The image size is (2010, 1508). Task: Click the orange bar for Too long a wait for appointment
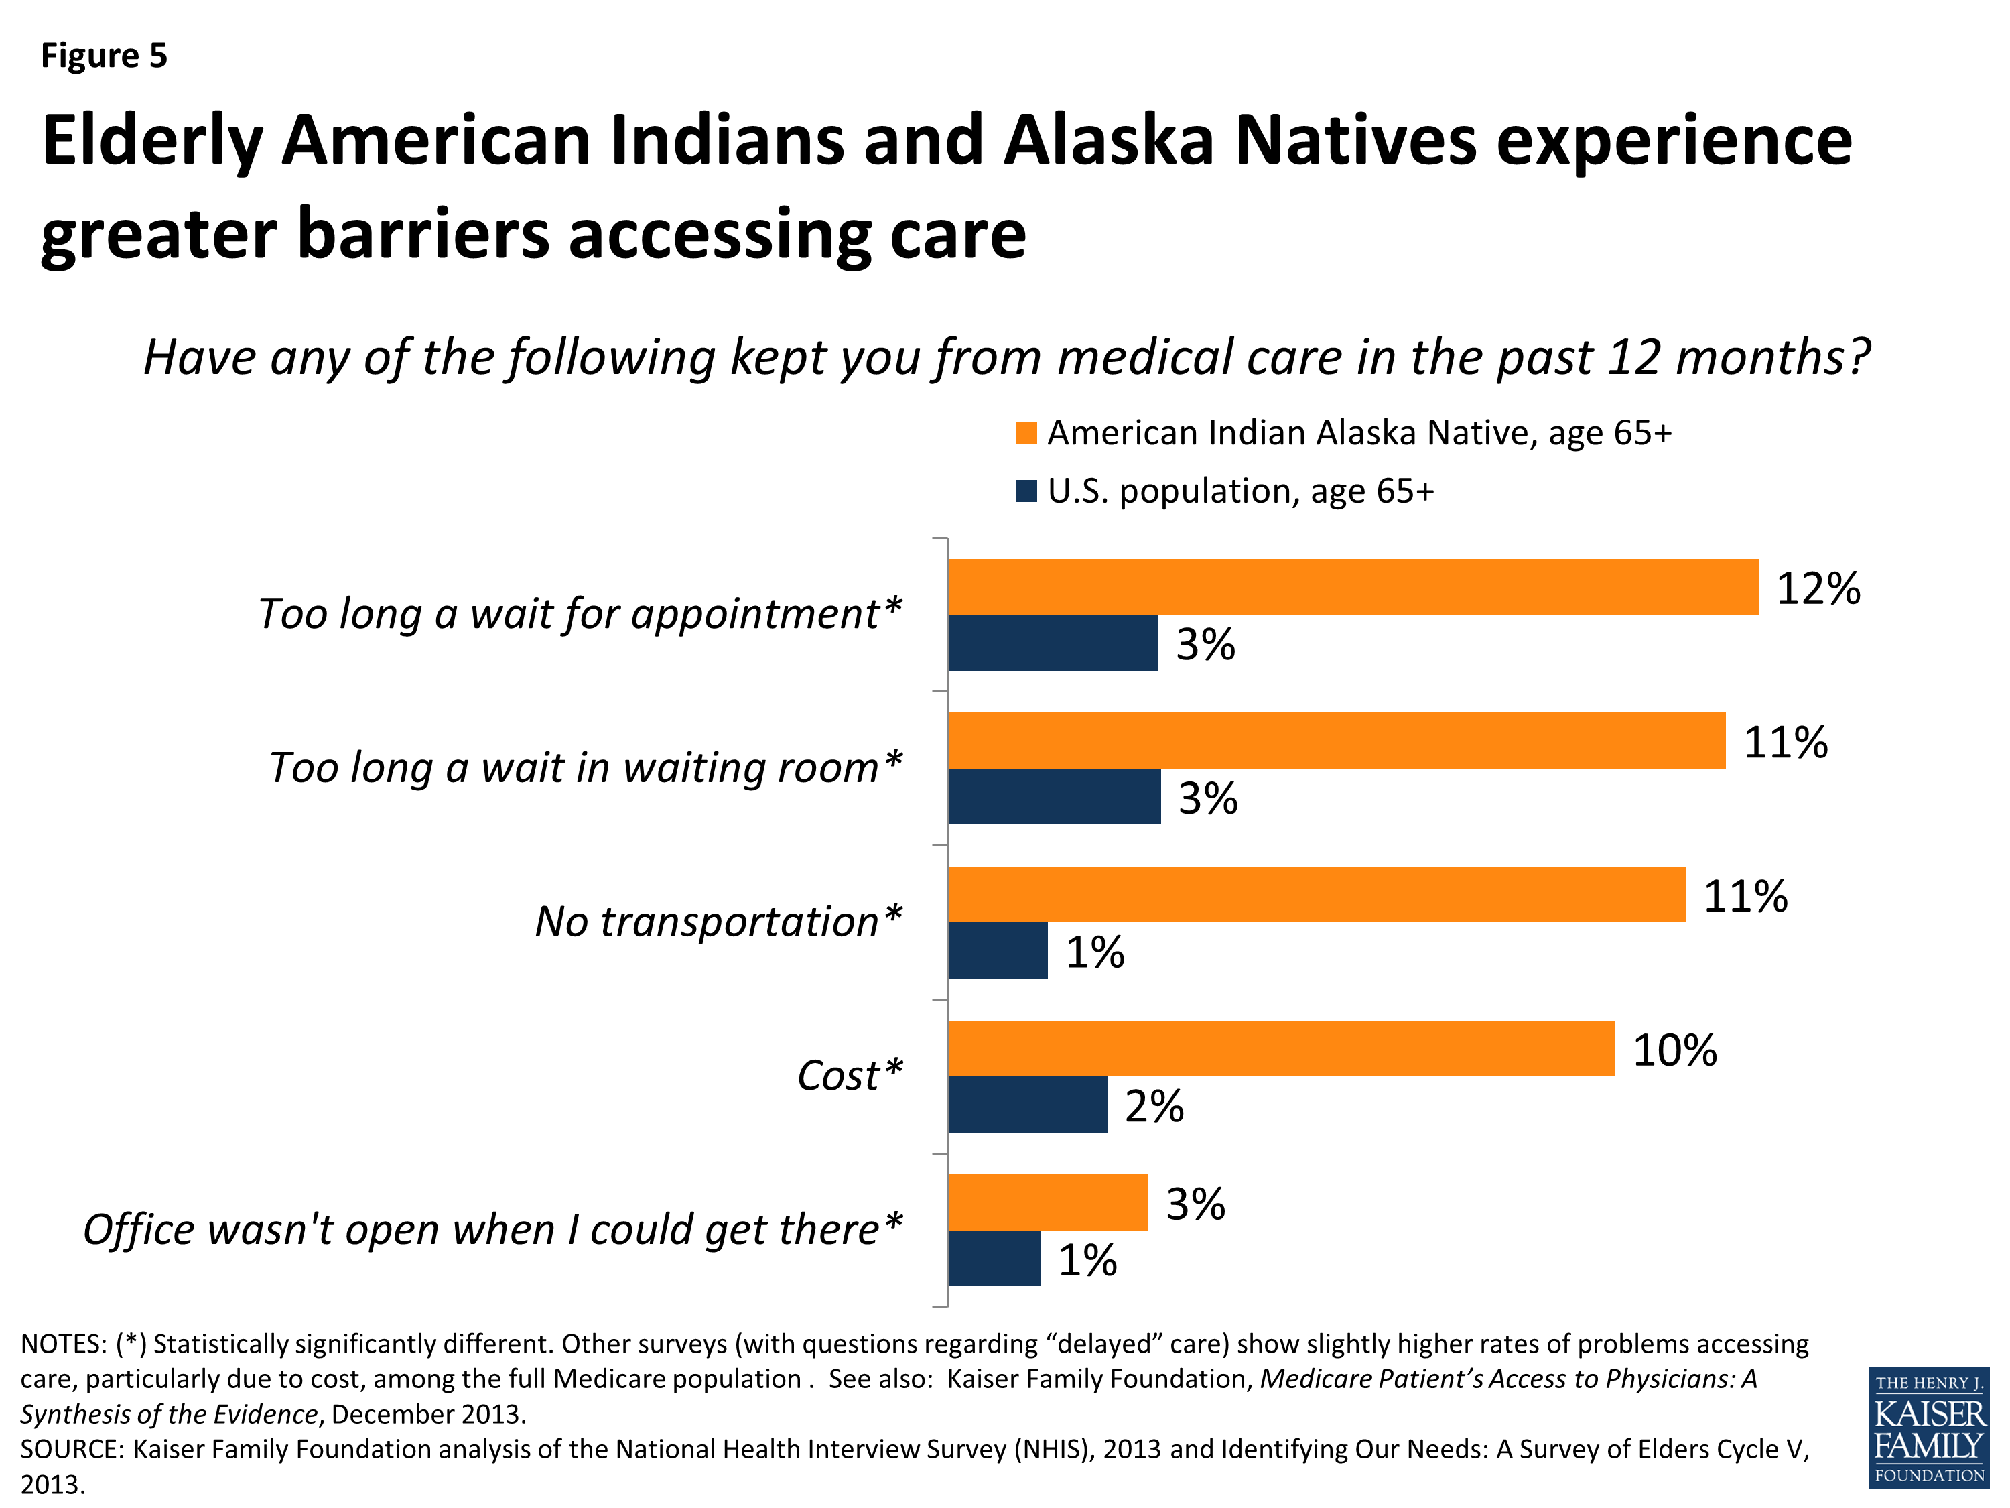click(x=1352, y=586)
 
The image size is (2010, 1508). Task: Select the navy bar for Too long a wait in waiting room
click(x=1054, y=796)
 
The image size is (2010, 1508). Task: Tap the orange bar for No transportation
click(x=1316, y=895)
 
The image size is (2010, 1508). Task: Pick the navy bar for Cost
click(x=1027, y=1105)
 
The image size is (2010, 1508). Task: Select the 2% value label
click(x=1154, y=1107)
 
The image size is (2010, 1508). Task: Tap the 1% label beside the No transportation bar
click(x=1095, y=952)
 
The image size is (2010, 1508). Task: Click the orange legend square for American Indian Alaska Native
click(x=1026, y=433)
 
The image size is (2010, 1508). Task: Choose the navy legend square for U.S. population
click(x=1026, y=491)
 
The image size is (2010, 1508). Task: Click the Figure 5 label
click(x=104, y=56)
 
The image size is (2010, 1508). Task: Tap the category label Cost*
click(x=850, y=1075)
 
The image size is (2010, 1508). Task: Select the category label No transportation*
click(x=718, y=922)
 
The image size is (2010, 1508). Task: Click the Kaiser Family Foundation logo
click(x=1929, y=1427)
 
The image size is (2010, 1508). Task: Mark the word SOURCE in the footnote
click(x=71, y=1449)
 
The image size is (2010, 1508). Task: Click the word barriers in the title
click(x=423, y=234)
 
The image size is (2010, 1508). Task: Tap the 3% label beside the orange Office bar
click(x=1195, y=1204)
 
